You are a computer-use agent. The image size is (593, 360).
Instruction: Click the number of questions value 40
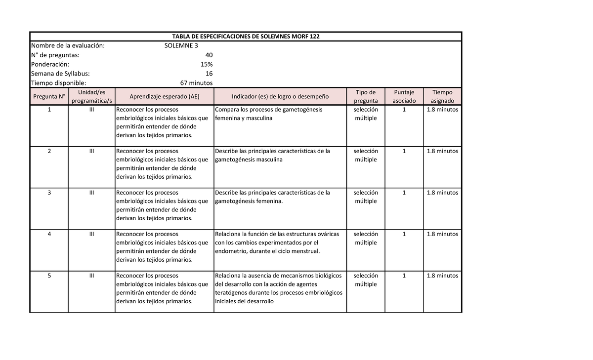pos(209,55)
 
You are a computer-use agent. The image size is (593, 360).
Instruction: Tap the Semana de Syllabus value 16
pos(209,74)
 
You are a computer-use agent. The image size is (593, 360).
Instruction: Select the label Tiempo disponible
pos(58,83)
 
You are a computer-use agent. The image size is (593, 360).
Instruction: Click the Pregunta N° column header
pos(49,96)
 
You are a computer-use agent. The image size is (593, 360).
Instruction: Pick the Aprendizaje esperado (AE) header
pos(164,96)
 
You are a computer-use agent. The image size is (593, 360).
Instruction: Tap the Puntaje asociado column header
pos(404,96)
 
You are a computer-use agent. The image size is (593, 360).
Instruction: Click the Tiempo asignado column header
pos(442,96)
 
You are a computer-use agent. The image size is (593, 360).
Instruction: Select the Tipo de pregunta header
pos(365,96)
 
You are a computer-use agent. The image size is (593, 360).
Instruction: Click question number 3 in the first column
pos(49,193)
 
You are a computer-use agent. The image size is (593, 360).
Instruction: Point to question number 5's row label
pos(49,276)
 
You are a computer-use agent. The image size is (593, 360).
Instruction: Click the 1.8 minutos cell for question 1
pos(442,110)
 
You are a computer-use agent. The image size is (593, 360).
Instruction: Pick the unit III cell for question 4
pos(91,234)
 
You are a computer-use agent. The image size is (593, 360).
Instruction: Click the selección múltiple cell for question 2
pos(365,155)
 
